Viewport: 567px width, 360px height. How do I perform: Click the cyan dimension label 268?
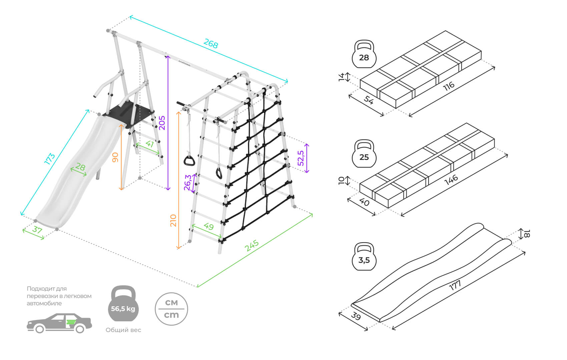coord(211,43)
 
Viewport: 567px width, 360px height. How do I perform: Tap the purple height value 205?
coord(162,123)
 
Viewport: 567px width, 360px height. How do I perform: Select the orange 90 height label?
coord(115,157)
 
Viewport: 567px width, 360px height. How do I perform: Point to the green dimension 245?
coord(252,246)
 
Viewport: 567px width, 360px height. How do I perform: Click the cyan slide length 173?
coord(50,159)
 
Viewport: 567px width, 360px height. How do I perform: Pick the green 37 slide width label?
coord(37,230)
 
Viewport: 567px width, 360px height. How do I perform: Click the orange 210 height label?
coord(173,220)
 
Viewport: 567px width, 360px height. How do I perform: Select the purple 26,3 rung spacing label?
coord(188,183)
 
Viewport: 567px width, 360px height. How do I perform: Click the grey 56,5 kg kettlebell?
coord(123,304)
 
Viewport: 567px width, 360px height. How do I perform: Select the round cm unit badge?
coord(171,309)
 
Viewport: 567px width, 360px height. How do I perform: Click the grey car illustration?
coord(59,323)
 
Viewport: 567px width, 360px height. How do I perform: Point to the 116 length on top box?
coord(449,86)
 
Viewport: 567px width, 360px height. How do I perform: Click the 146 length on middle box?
coord(451,180)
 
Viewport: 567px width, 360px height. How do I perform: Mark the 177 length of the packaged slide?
coord(455,285)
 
